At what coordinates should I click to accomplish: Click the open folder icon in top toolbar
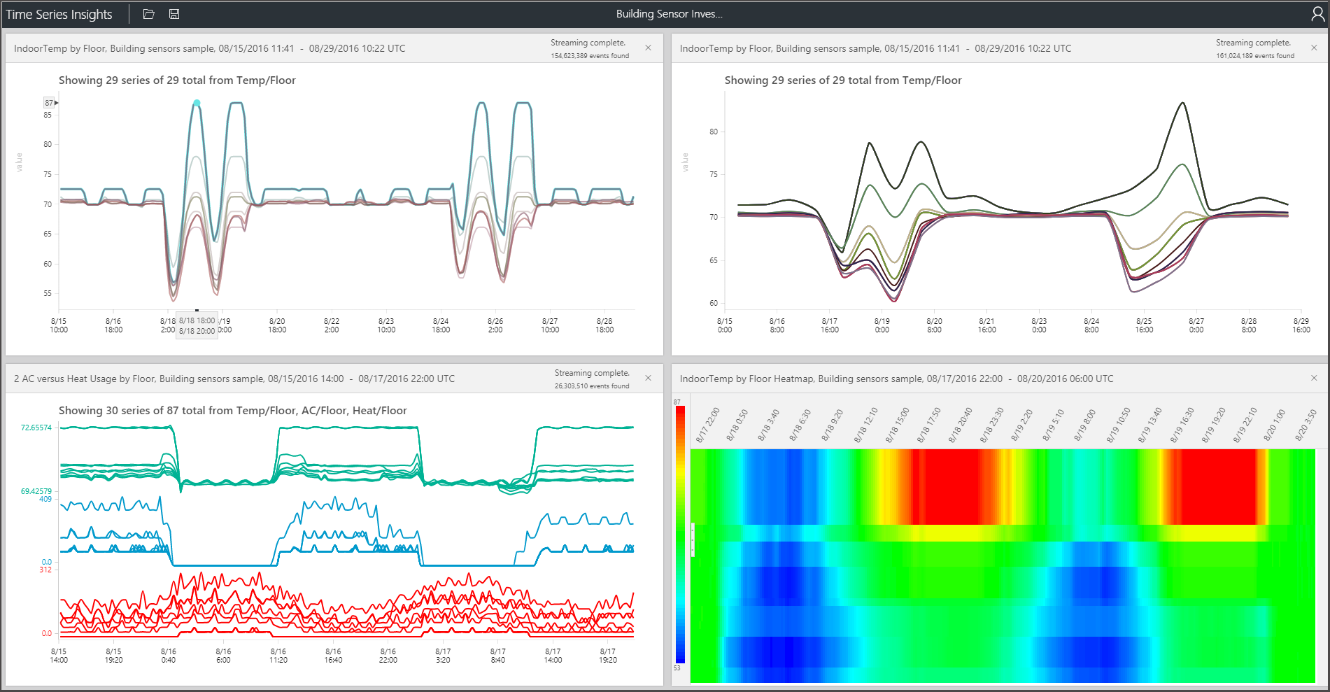pos(148,14)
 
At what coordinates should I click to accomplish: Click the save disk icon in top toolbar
pos(174,14)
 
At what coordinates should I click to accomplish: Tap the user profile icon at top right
pos(1317,14)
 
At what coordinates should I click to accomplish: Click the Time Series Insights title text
pos(59,14)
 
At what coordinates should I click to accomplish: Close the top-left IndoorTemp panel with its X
pos(648,48)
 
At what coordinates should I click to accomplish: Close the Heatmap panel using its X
pos(1313,378)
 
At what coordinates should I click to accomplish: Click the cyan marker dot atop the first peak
pos(197,103)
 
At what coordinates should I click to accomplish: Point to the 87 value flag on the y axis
pos(50,103)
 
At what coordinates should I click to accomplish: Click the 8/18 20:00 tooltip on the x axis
pos(197,331)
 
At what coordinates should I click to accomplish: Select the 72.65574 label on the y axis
pos(36,428)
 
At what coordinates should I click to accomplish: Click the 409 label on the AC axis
pos(45,499)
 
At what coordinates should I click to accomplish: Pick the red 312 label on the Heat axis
pos(45,570)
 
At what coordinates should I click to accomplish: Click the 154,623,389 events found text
pos(589,56)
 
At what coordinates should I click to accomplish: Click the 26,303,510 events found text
pos(591,386)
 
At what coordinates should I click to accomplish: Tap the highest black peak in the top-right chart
pos(1182,103)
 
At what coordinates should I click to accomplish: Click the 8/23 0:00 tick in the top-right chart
pos(1039,325)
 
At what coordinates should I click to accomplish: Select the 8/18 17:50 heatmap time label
pos(931,425)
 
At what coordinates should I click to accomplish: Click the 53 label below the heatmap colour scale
pos(677,668)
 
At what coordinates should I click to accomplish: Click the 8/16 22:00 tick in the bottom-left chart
pos(388,656)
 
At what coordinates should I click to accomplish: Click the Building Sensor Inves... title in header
pos(669,14)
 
